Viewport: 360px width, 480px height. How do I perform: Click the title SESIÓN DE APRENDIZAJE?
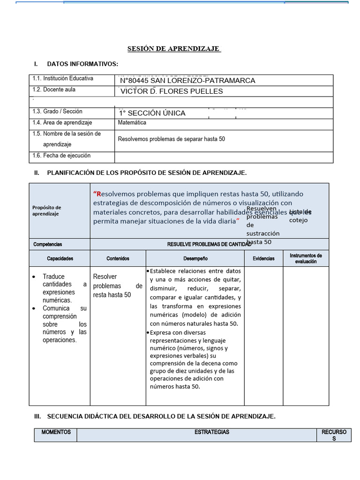tap(174, 49)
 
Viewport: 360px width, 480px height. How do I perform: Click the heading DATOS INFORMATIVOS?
tap(82, 64)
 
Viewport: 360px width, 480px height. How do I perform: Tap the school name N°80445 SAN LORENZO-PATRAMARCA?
tap(188, 81)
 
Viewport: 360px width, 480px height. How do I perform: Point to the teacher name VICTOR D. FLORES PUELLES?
tap(172, 91)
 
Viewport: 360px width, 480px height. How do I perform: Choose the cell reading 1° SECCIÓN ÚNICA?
tap(153, 113)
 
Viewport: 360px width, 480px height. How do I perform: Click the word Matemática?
tap(132, 123)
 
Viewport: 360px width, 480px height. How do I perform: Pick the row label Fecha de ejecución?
tap(61, 156)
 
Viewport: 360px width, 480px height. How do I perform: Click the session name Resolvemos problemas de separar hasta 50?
tap(172, 139)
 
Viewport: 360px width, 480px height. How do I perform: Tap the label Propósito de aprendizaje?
tap(47, 210)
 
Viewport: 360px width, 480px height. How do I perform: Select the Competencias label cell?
tap(48, 244)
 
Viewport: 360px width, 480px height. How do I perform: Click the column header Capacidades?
tap(60, 258)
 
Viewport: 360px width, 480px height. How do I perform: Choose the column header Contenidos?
tap(118, 258)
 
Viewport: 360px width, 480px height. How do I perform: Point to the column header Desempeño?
tap(195, 258)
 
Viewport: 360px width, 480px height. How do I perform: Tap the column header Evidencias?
tap(263, 258)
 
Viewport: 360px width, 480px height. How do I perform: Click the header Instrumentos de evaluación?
tap(306, 258)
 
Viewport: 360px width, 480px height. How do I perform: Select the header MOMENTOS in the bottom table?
tap(56, 432)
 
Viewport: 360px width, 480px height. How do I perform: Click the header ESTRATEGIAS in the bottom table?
tap(212, 432)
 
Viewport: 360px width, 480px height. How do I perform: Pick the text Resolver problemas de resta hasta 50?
tap(118, 285)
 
